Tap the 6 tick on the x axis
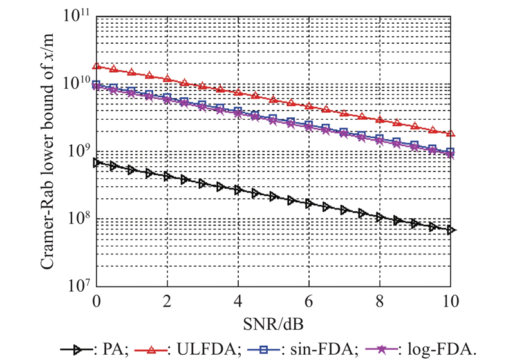308,299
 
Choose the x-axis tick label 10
450,299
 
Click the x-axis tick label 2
167,299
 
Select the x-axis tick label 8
379,299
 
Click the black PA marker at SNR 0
97,162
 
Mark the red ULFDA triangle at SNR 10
450,133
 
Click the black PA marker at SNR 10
450,230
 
